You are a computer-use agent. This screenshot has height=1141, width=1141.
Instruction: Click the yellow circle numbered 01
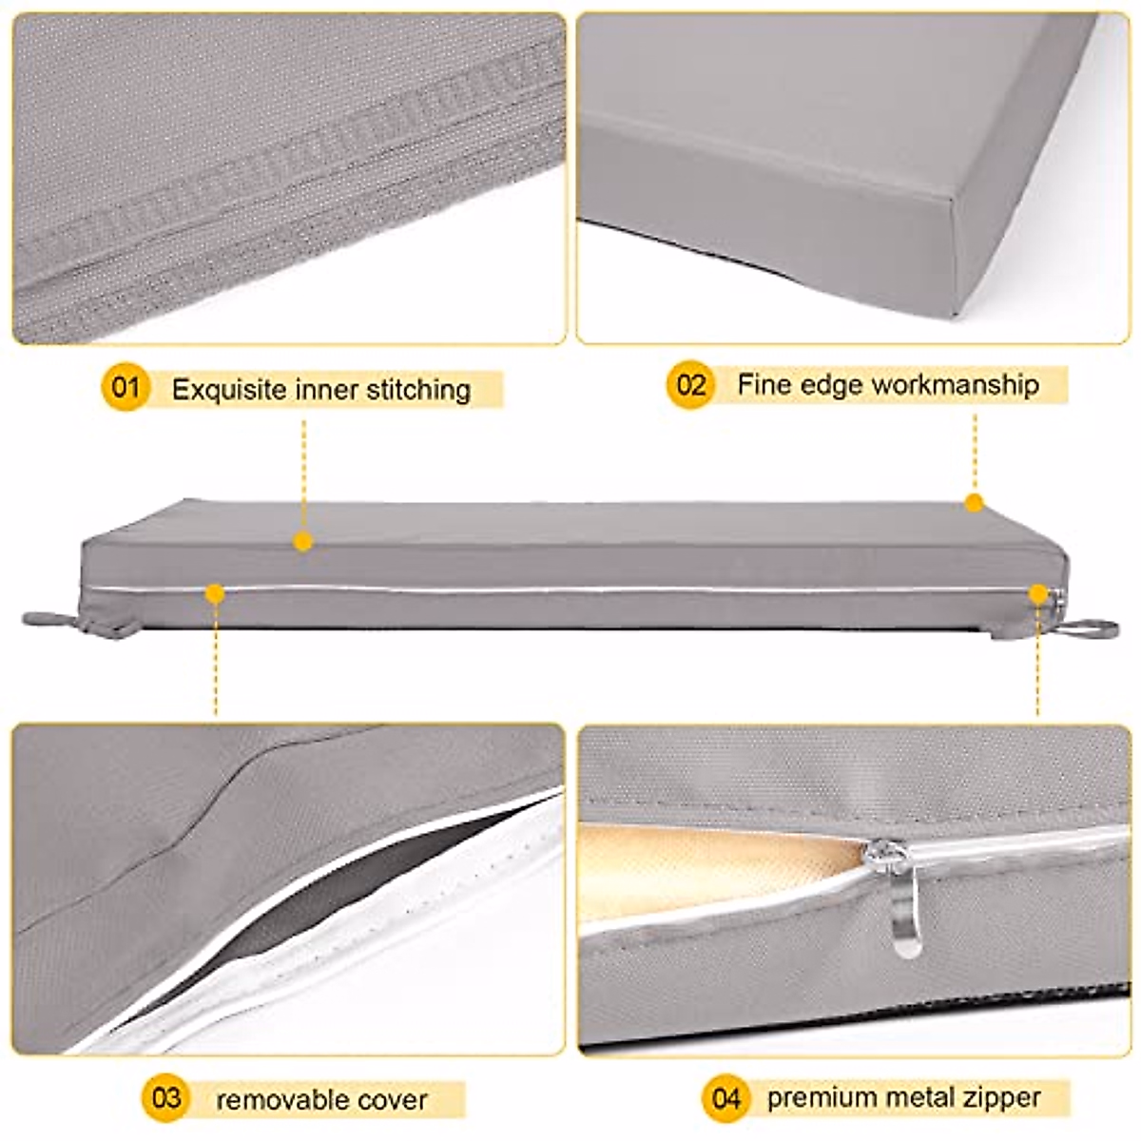point(126,388)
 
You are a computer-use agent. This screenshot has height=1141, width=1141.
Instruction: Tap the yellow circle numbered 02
point(690,385)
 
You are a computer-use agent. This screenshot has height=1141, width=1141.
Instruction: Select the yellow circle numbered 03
point(165,1099)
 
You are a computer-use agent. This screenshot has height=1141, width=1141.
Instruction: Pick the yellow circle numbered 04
point(725,1099)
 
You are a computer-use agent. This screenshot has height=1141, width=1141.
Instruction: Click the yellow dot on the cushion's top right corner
point(974,503)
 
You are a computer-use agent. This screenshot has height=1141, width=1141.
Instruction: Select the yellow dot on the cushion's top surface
point(303,542)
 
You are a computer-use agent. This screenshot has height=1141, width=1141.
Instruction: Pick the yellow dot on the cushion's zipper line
point(215,594)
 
